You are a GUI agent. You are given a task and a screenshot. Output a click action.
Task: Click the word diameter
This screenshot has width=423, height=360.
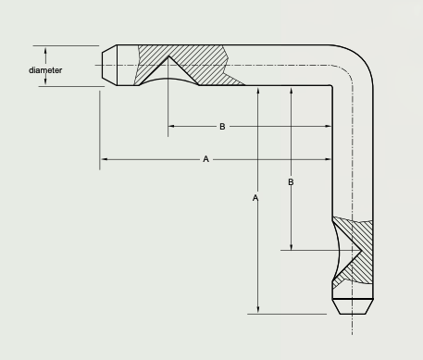(x=45, y=70)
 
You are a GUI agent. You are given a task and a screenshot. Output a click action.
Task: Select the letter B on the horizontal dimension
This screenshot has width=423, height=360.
(x=222, y=127)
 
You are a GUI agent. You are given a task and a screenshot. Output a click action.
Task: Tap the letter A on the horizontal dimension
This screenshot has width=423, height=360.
(x=206, y=159)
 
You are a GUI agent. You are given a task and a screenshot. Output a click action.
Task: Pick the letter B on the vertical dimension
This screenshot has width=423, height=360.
(x=291, y=182)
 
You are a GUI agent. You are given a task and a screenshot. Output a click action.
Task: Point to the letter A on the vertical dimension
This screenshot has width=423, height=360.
(x=255, y=198)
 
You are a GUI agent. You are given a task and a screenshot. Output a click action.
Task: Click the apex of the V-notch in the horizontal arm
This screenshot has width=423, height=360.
(x=168, y=56)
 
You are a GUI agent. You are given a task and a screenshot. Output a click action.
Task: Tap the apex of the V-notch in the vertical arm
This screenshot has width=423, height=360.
(x=361, y=251)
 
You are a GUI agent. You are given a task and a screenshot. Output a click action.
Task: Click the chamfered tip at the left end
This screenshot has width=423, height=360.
(x=109, y=65)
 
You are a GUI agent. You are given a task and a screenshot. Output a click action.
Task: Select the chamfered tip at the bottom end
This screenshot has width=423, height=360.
(x=353, y=306)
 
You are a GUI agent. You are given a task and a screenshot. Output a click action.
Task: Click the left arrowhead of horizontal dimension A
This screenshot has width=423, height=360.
(x=105, y=159)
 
